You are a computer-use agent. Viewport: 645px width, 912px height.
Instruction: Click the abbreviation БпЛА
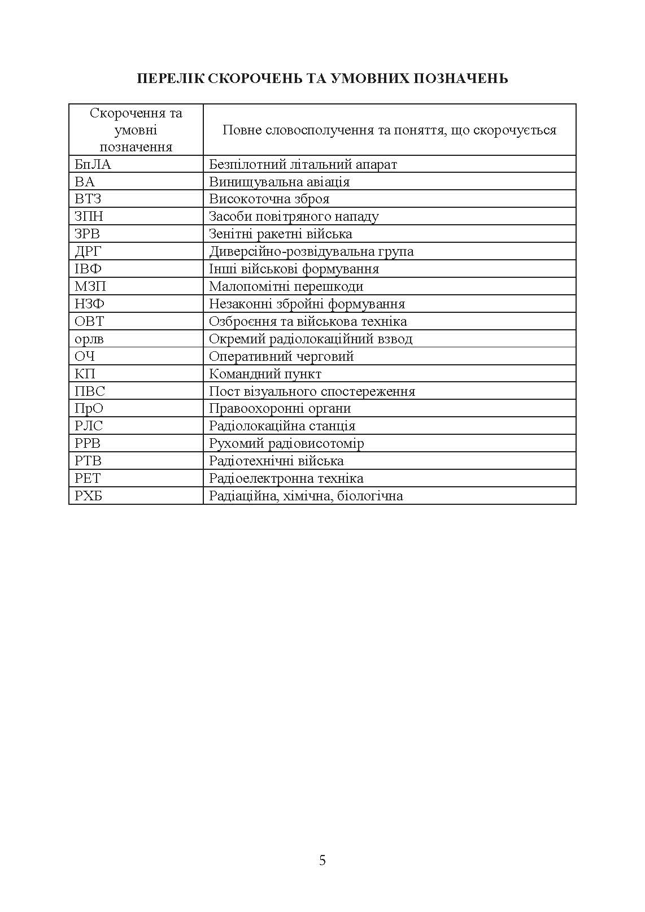93,164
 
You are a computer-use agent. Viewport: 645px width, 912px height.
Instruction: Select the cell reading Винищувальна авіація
279,182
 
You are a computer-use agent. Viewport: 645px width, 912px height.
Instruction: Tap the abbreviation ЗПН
89,216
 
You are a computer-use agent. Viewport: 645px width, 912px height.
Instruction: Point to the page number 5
322,860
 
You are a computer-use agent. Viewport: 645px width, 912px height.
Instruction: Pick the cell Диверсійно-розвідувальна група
311,251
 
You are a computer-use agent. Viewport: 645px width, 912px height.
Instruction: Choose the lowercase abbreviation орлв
89,339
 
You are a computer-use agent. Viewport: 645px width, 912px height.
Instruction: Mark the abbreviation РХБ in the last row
91,496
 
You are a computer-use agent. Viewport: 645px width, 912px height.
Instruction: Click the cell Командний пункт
265,374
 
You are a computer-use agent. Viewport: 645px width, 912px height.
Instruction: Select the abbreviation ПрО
89,408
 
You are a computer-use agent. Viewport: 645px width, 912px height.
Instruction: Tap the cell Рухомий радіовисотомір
286,443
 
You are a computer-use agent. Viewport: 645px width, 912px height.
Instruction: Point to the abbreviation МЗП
90,286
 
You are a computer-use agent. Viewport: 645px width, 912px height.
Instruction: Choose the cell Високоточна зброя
269,199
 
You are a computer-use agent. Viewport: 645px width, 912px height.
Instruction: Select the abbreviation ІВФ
88,269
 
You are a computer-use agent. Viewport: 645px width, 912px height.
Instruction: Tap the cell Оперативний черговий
281,356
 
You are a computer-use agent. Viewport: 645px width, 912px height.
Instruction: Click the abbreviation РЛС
89,426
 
